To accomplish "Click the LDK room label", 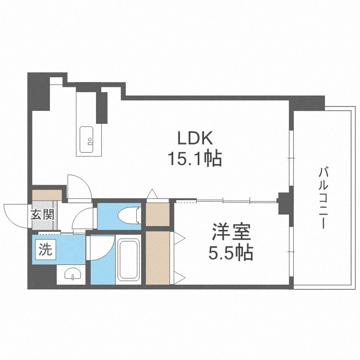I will [x=194, y=139].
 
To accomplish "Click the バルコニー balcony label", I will [x=323, y=197].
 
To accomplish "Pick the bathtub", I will [x=128, y=260].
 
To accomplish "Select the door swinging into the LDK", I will [x=78, y=185].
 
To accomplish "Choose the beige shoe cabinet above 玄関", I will [x=47, y=195].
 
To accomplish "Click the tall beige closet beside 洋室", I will [x=158, y=257].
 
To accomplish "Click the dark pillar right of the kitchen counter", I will [x=102, y=107].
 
